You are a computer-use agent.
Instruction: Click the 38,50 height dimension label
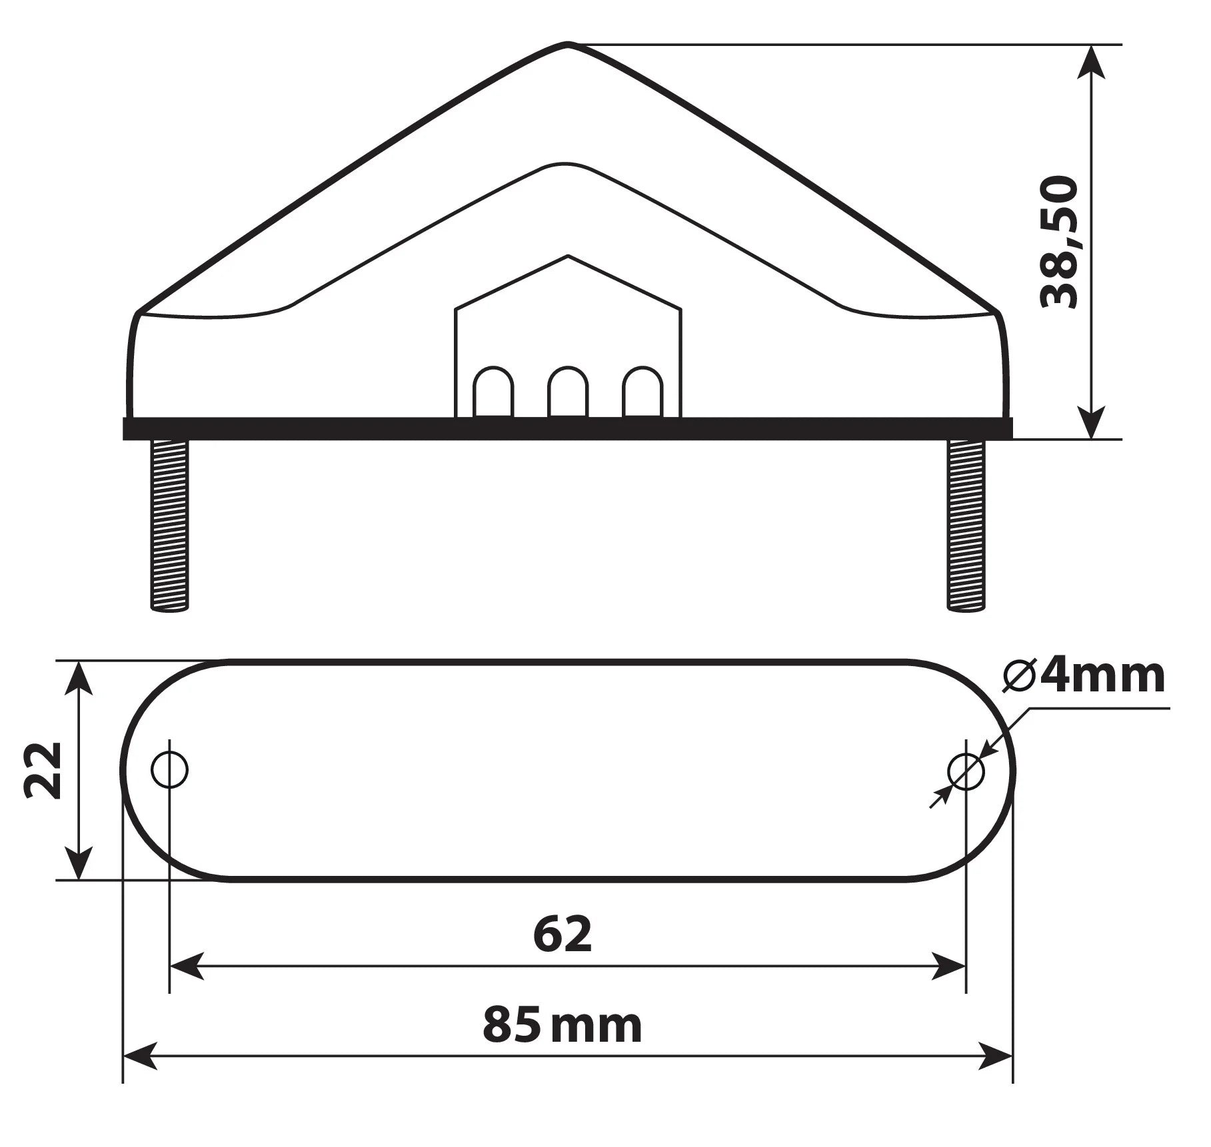click(1060, 242)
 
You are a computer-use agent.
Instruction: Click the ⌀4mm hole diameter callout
click(1084, 676)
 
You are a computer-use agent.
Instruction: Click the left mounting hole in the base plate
click(170, 770)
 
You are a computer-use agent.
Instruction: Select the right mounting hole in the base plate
click(966, 771)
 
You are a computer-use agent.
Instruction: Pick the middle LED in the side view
click(568, 392)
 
